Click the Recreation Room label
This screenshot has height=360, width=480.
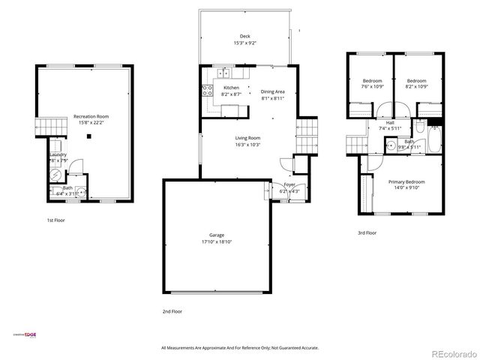[x=91, y=117]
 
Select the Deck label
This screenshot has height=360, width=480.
[x=244, y=36]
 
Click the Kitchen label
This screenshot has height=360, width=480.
[x=231, y=88]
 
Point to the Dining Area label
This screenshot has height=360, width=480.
[x=272, y=91]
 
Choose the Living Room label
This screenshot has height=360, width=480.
[x=247, y=138]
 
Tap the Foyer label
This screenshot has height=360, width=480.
[x=289, y=184]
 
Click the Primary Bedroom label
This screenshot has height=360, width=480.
[x=406, y=181]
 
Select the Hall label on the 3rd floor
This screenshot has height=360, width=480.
[x=390, y=122]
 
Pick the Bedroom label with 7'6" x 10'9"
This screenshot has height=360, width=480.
[x=373, y=80]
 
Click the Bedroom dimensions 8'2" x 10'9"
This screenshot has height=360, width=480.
[x=416, y=87]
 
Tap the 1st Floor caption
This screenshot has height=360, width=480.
[x=55, y=220]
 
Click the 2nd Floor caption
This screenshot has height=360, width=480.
[x=172, y=310]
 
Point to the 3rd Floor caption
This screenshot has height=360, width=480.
[x=367, y=233]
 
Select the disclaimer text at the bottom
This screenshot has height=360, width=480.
[x=240, y=348]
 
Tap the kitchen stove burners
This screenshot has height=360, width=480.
[x=206, y=90]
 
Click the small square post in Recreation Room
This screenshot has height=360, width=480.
[x=88, y=136]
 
